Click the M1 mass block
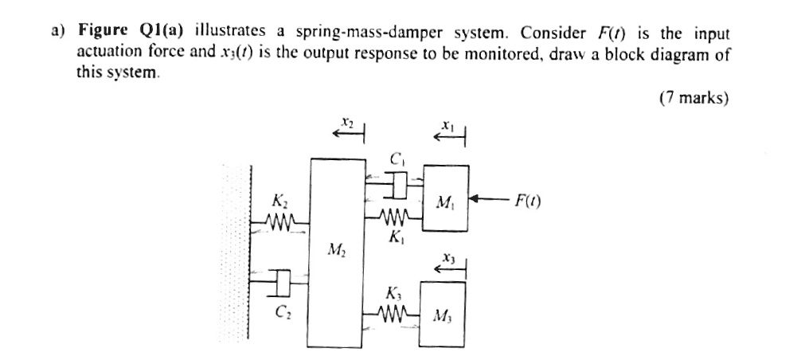click(445, 198)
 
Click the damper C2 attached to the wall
click(280, 282)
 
